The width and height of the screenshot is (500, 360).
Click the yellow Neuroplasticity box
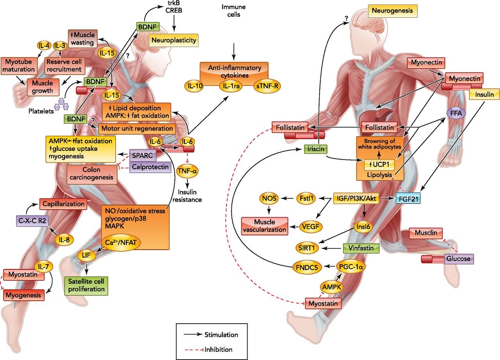click(174, 39)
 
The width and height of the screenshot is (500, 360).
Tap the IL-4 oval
click(44, 45)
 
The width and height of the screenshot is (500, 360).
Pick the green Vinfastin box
click(359, 248)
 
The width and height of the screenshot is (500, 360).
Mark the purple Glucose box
click(458, 258)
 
